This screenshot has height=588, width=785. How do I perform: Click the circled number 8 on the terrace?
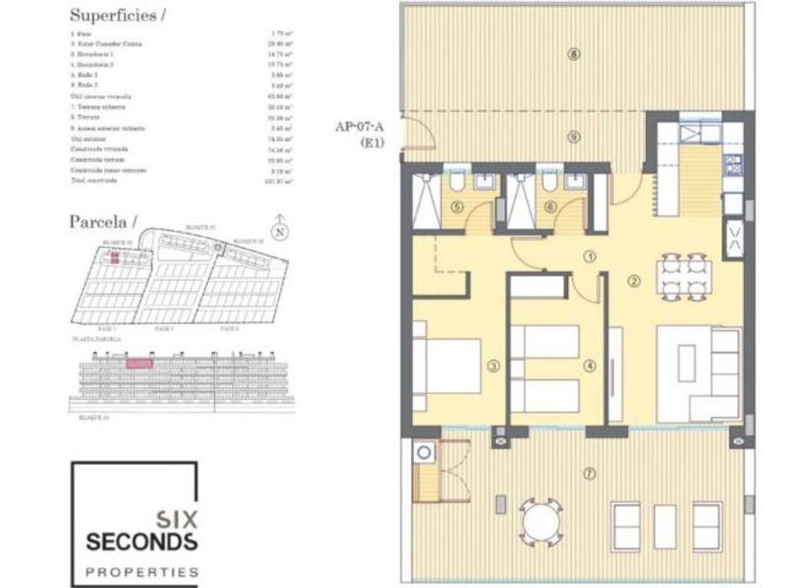pos(573,54)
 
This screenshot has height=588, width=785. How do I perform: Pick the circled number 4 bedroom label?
pos(589,367)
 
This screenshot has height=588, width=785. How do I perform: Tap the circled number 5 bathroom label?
pos(457,207)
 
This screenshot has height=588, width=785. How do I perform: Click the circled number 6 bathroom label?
pos(549,207)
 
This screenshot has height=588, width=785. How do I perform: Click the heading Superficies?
pos(113,17)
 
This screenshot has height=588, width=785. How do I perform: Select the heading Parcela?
pos(103,221)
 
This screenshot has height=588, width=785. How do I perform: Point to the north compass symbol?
pos(278,227)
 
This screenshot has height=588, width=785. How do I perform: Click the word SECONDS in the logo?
pos(141,541)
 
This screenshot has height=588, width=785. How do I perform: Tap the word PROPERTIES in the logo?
pos(141,570)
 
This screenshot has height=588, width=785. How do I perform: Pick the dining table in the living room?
pos(680,276)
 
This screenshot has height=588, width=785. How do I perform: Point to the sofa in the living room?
pos(701,373)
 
